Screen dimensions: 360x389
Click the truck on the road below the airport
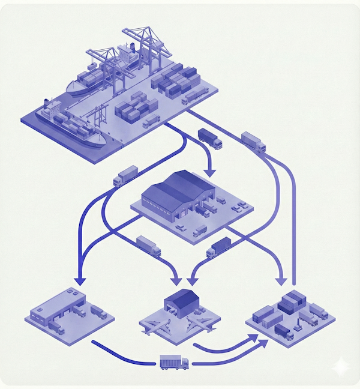(174, 362)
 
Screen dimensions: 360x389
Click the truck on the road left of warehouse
(125, 175)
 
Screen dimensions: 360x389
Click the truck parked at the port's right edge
(194, 95)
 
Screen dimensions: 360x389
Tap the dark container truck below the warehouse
(219, 247)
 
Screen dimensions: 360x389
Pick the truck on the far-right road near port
(253, 142)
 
